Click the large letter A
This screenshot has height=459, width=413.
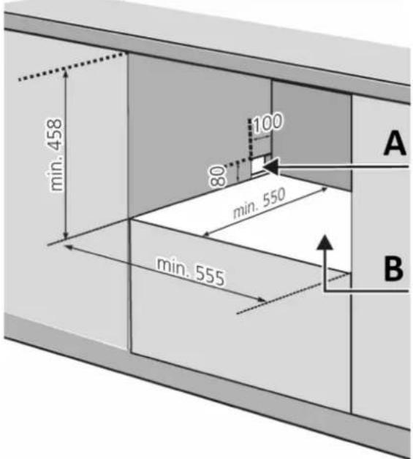pos(395,143)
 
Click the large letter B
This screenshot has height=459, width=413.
pos(394,269)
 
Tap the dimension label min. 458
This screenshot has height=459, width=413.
pos(54,155)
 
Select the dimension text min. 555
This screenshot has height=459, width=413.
pos(191,271)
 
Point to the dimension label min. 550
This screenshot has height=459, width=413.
pos(259,203)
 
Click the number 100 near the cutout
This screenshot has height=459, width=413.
pos(268,123)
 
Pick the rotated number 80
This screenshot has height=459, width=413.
pos(219,175)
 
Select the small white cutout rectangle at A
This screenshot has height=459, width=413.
pos(257,166)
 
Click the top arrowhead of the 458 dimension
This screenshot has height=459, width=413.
pos(66,73)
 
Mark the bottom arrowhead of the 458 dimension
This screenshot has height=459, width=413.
pos(66,236)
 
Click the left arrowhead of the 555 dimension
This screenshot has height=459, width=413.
pos(69,247)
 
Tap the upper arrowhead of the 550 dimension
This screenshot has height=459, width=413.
pos(324,189)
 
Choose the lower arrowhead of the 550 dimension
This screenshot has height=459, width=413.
pos(206,234)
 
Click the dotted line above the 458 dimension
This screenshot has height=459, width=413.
pos(72,66)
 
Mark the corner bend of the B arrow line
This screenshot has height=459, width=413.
pos(325,290)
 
